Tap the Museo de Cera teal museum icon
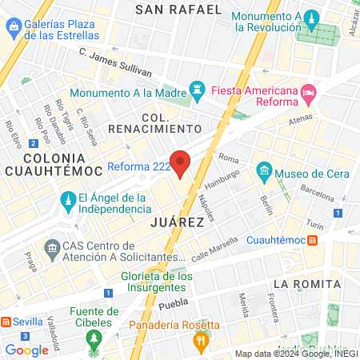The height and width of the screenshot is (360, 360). point(263,173)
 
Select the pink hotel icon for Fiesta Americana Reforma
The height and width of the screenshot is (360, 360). point(309,94)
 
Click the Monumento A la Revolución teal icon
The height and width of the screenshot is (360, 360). point(312,18)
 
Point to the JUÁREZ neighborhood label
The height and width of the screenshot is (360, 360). point(177,222)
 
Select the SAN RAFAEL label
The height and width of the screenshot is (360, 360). point(178,10)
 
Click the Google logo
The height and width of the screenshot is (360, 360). point(26,350)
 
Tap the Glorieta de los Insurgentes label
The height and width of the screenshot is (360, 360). point(157,282)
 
